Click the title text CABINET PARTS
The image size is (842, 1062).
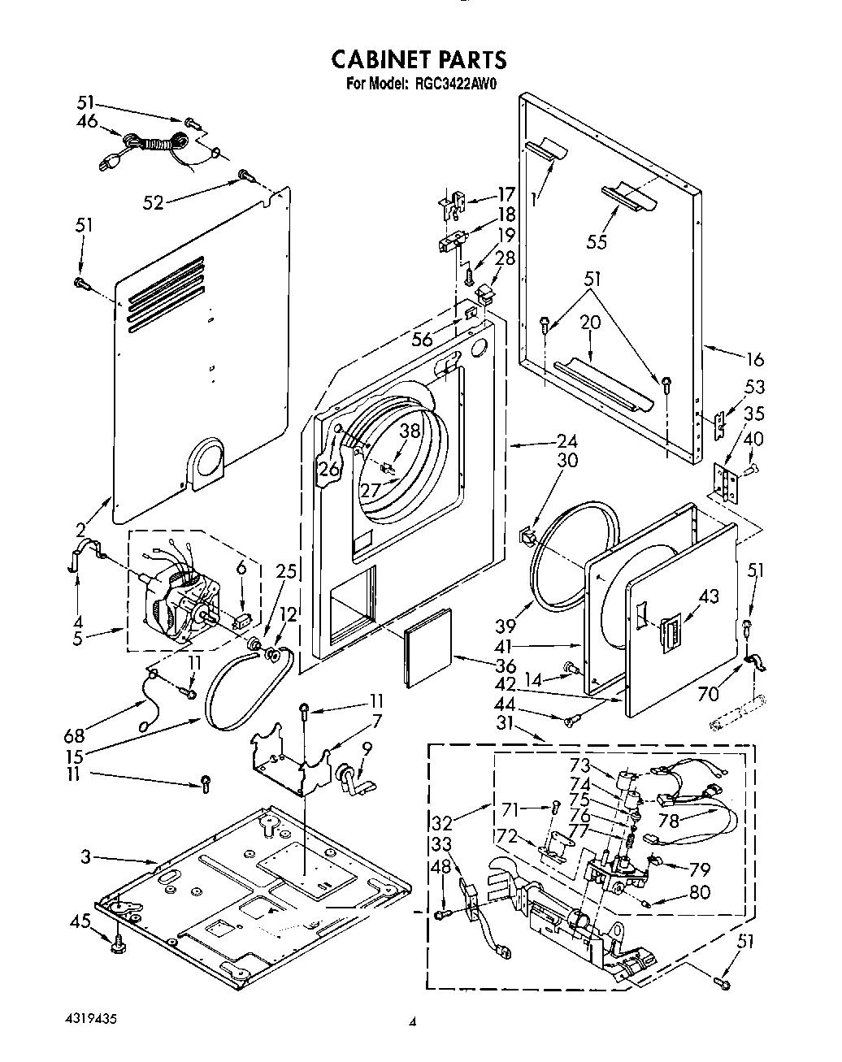tap(419, 59)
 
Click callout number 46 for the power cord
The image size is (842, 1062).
tap(86, 121)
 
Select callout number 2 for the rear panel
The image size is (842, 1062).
tap(80, 531)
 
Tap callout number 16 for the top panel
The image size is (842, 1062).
tap(755, 358)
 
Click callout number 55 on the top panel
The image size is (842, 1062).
tap(596, 241)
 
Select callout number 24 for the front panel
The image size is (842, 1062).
tap(566, 442)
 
